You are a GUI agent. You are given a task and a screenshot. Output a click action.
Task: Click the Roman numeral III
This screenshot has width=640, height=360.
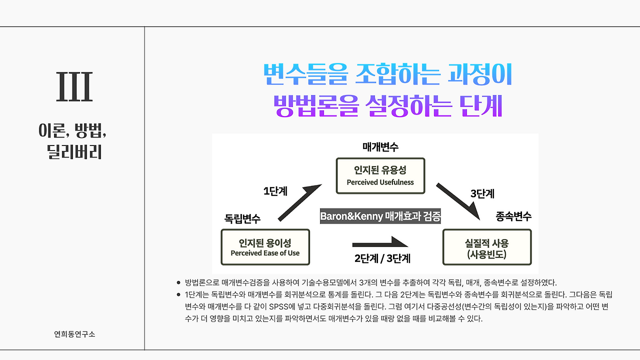point(74,87)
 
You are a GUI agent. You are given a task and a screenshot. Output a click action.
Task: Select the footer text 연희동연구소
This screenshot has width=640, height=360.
point(74,334)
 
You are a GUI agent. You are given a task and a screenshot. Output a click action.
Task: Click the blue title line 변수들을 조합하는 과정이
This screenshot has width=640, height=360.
point(387,75)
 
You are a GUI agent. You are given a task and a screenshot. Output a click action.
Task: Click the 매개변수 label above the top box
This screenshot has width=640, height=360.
point(380,147)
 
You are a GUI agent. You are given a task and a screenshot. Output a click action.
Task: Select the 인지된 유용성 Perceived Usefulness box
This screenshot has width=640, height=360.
point(380,175)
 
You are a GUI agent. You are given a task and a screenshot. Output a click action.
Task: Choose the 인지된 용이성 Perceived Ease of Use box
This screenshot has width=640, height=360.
point(265,247)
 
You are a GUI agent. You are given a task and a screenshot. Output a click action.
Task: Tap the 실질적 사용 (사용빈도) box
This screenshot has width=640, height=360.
point(486,247)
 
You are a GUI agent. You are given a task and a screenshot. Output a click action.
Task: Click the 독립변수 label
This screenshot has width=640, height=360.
point(242,218)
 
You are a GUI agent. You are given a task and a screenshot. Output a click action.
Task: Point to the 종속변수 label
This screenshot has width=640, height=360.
point(513,216)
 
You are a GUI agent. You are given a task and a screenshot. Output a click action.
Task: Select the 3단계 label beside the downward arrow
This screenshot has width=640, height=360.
point(482,193)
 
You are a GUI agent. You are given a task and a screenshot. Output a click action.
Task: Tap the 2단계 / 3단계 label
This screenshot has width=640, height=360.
point(382,259)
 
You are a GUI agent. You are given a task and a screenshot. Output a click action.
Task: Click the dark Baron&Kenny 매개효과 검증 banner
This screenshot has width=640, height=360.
point(380,217)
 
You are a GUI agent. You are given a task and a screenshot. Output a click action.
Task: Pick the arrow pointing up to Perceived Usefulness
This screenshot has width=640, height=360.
point(299,202)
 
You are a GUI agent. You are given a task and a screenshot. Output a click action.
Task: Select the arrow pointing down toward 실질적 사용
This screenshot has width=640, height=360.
point(458,201)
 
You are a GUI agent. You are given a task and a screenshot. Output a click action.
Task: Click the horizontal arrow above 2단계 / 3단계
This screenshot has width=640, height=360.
point(380,243)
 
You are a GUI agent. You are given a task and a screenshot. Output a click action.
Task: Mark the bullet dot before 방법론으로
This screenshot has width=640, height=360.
point(179,282)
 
